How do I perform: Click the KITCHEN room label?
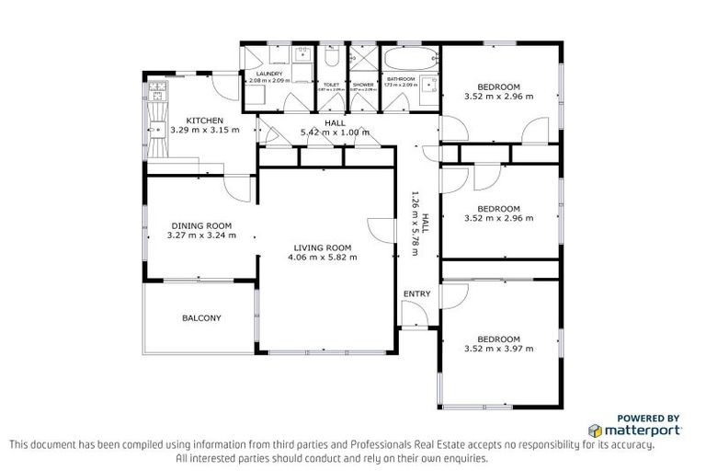tap(205, 121)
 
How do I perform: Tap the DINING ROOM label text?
tap(200, 225)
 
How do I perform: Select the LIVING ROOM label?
tap(323, 247)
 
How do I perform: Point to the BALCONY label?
tap(201, 318)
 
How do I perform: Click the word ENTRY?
tap(416, 294)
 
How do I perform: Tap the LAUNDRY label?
tap(269, 73)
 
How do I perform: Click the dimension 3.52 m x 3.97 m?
tap(499, 349)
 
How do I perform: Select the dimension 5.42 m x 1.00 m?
tap(335, 132)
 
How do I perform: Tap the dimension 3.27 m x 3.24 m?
tap(201, 235)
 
